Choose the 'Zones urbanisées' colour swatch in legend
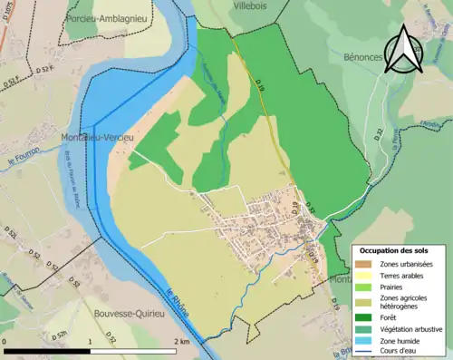(368, 264)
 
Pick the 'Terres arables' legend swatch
(368, 275)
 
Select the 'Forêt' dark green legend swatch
(368, 316)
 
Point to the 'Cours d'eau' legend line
(368, 353)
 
